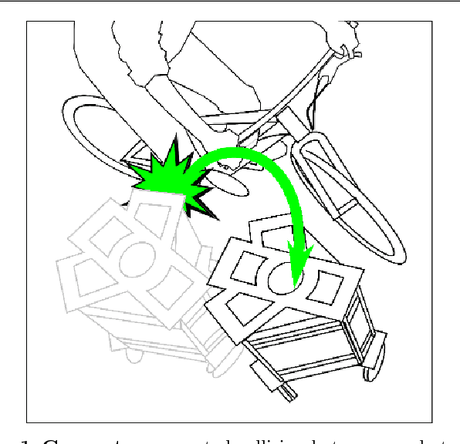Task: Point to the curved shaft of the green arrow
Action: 255,158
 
